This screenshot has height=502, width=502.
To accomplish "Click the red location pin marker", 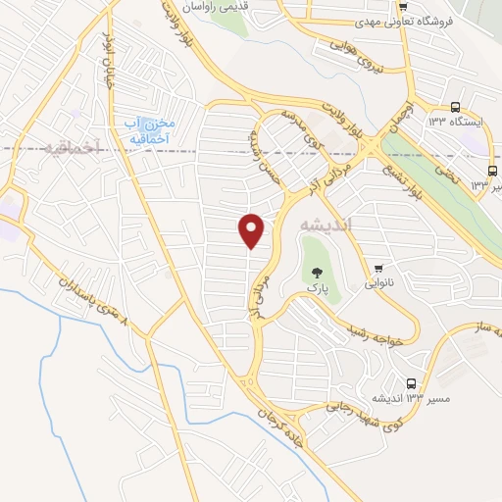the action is (252, 230).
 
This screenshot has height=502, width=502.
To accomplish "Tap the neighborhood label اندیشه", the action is (328, 222).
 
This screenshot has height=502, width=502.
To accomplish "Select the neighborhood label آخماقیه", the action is (74, 148).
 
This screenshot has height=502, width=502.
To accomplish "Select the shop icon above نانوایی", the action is (378, 267).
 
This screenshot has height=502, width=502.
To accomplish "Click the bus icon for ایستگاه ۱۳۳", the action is (455, 108).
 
